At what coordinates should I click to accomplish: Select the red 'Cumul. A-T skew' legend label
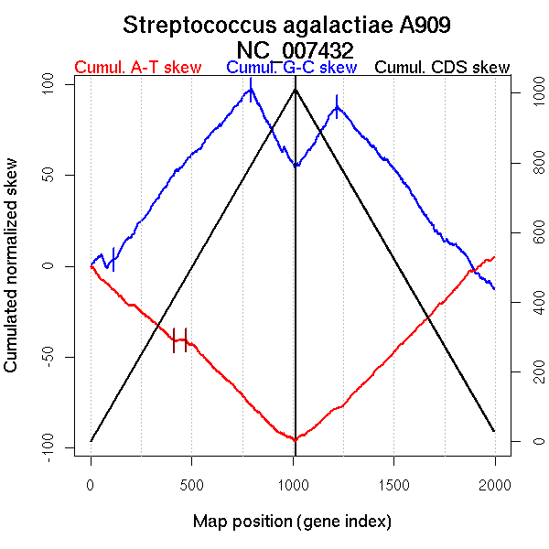137,68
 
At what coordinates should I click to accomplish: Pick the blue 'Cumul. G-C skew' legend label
291,68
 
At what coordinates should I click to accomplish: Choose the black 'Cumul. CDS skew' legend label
443,68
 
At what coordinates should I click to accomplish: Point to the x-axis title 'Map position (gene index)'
292,522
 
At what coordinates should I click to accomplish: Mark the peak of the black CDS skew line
295,89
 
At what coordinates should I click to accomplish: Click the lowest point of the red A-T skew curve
295,440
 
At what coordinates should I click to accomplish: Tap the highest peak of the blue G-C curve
251,88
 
